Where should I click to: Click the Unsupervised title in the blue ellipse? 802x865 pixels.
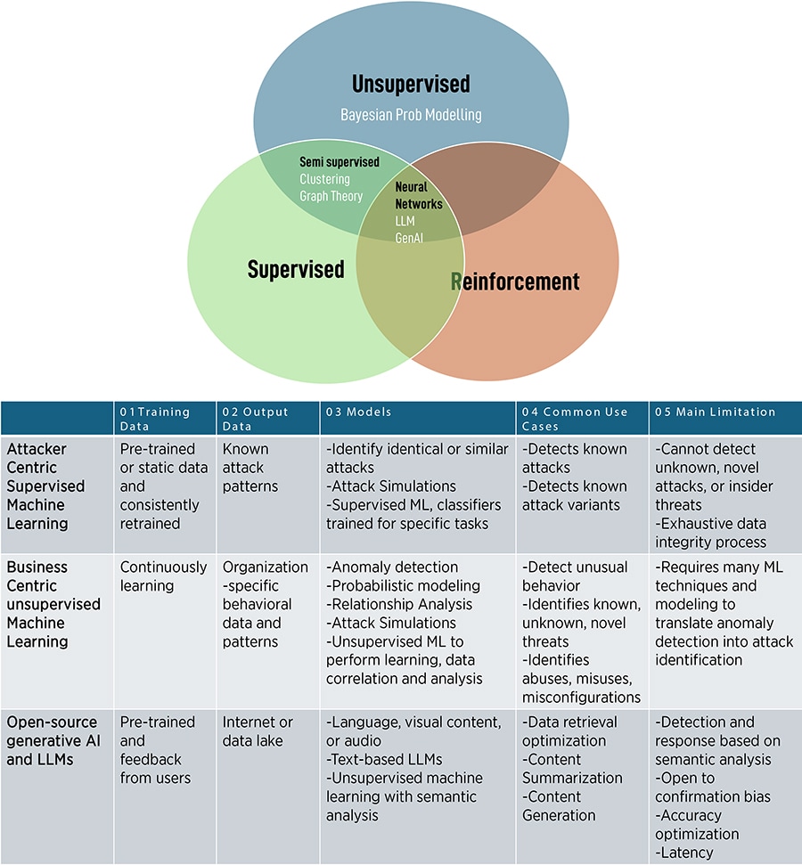tap(411, 85)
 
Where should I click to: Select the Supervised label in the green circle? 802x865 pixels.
tap(296, 268)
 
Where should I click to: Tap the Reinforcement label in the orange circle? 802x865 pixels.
tap(515, 282)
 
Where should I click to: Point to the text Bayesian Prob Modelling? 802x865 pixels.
tap(411, 115)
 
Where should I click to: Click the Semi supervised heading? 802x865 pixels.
tap(340, 162)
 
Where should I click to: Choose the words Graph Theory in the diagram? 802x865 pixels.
tap(331, 196)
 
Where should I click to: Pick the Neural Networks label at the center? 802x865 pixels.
tap(418, 195)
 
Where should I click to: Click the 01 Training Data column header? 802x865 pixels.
tap(157, 418)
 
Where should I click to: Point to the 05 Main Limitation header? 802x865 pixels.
tap(716, 412)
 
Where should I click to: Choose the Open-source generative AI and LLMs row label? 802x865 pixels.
tap(49, 740)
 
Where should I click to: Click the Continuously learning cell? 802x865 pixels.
tap(163, 576)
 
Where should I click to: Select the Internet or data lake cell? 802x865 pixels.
tap(258, 731)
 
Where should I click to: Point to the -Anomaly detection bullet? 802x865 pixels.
tap(392, 567)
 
